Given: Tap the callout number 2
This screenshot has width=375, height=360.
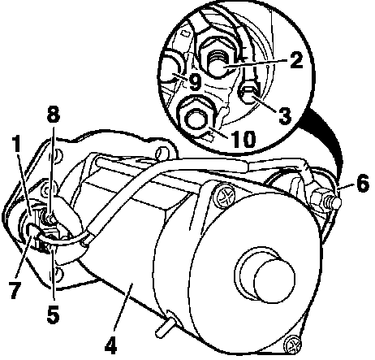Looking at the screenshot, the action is (296, 59).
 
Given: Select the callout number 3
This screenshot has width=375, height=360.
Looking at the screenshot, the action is (284, 115).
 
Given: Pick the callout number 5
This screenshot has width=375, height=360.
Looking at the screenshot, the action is (53, 314).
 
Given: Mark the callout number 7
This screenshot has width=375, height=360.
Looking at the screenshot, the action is (15, 289).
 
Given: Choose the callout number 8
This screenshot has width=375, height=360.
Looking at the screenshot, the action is (54, 114).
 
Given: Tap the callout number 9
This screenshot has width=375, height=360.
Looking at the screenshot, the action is (195, 82).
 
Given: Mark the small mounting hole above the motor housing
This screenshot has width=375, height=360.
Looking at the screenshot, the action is (162, 152).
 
